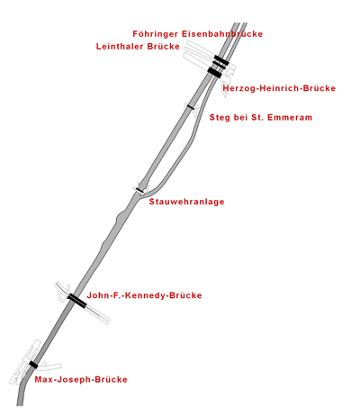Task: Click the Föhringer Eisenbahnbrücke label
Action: pos(198,34)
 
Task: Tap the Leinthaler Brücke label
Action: pos(138,47)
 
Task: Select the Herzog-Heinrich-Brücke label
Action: pos(279,88)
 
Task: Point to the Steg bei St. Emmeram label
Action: pos(261,117)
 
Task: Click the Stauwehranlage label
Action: pos(186,202)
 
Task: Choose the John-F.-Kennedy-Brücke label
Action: pos(144,295)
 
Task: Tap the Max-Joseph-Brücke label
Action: pos(81,379)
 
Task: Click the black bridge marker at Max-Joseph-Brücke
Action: pos(33,365)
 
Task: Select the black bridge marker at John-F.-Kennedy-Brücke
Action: pos(77,301)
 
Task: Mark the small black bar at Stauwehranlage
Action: pos(139,190)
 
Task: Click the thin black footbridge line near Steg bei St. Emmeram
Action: pos(191,106)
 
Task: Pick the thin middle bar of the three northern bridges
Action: pos(220,64)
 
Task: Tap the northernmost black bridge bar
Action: pos(221,59)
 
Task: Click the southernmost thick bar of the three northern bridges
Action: pos(215,72)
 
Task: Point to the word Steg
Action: pos(220,117)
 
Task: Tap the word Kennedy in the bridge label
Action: pos(146,295)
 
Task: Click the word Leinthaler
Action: pos(120,47)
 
